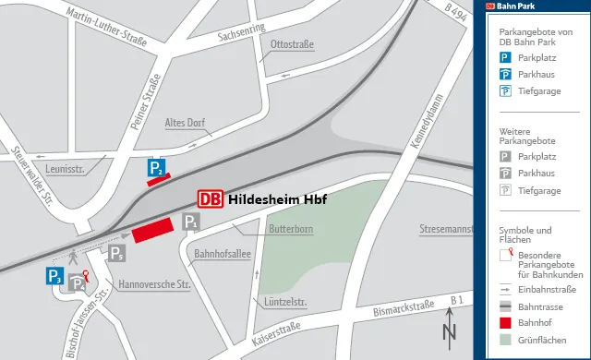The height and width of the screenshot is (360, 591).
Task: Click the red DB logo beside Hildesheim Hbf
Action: (x=211, y=198)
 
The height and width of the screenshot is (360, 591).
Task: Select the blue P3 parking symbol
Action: (x=55, y=275)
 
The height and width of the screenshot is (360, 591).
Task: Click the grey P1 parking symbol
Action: (x=190, y=222)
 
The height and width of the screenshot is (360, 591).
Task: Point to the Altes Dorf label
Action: (x=184, y=123)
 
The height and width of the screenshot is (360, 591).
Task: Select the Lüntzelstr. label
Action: (x=285, y=302)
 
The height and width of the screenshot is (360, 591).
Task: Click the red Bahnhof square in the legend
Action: (x=505, y=323)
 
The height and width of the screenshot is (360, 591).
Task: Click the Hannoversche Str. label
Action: (x=154, y=284)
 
